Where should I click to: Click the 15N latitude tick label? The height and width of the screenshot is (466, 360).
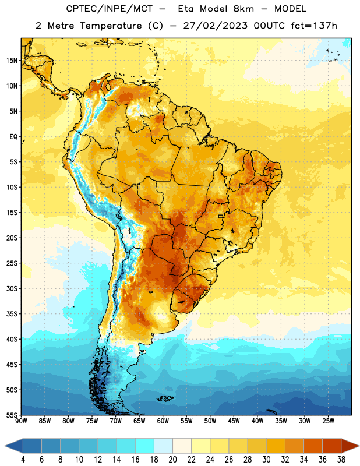click(12, 61)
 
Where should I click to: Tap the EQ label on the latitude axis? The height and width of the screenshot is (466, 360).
click(13, 137)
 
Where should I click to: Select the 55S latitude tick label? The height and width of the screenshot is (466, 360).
click(12, 415)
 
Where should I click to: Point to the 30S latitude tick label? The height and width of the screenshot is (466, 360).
click(12, 288)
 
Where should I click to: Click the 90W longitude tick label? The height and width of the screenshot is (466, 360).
click(21, 421)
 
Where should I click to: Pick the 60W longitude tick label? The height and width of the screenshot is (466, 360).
click(163, 421)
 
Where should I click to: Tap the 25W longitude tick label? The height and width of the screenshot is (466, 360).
click(328, 421)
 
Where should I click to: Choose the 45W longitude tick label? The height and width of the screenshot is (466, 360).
click(234, 421)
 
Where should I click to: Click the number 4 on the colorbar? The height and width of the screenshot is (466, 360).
click(23, 460)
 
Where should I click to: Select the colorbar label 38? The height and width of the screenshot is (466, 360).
click(341, 460)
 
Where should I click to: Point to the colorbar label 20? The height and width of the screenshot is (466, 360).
click(172, 460)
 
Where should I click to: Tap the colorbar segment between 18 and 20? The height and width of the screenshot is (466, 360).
click(163, 446)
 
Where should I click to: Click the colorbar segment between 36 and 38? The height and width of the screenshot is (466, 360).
click(332, 446)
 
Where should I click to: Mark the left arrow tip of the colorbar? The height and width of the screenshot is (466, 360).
click(5, 446)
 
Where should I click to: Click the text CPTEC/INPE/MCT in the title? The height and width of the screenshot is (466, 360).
click(110, 9)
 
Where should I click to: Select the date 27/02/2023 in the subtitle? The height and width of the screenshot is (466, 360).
click(215, 26)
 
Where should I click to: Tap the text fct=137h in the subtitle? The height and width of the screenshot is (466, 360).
click(314, 26)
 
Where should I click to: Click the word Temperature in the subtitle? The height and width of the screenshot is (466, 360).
click(111, 26)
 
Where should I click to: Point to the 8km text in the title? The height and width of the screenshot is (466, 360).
click(243, 9)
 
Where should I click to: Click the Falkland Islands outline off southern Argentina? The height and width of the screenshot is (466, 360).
click(165, 398)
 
